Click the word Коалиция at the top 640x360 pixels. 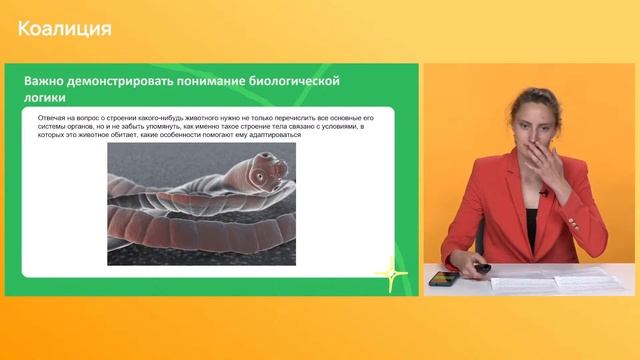[64, 28]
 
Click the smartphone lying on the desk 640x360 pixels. [443, 278]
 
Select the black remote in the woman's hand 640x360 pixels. [482, 268]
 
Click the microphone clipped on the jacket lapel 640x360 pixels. [541, 190]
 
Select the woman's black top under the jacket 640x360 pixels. [532, 225]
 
